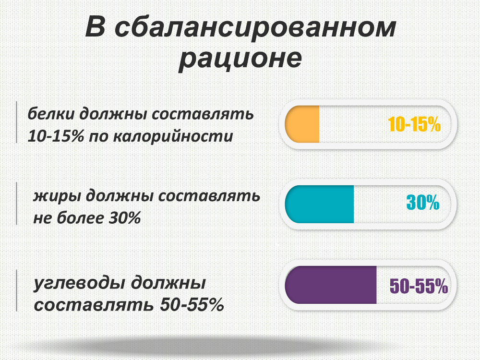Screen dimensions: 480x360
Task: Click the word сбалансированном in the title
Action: [x=256, y=28]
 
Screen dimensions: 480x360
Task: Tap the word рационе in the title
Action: [x=240, y=59]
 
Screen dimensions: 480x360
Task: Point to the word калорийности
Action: [x=173, y=136]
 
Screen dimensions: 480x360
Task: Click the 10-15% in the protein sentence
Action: [x=56, y=136]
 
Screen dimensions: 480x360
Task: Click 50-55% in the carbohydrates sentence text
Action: [x=192, y=305]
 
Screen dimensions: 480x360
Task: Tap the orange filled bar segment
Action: [x=302, y=124]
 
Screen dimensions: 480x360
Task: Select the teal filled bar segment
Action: [x=319, y=204]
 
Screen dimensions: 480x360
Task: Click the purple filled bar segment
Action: [x=331, y=285]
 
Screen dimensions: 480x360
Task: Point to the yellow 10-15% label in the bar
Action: [x=414, y=124]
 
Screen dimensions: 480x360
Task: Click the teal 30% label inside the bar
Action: [x=423, y=203]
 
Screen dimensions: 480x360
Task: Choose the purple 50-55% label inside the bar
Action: [x=419, y=286]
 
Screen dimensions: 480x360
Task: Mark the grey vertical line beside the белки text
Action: [x=16, y=122]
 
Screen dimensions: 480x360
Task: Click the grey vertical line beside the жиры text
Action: [x=16, y=204]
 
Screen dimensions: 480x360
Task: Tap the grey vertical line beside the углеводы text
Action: [x=16, y=290]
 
